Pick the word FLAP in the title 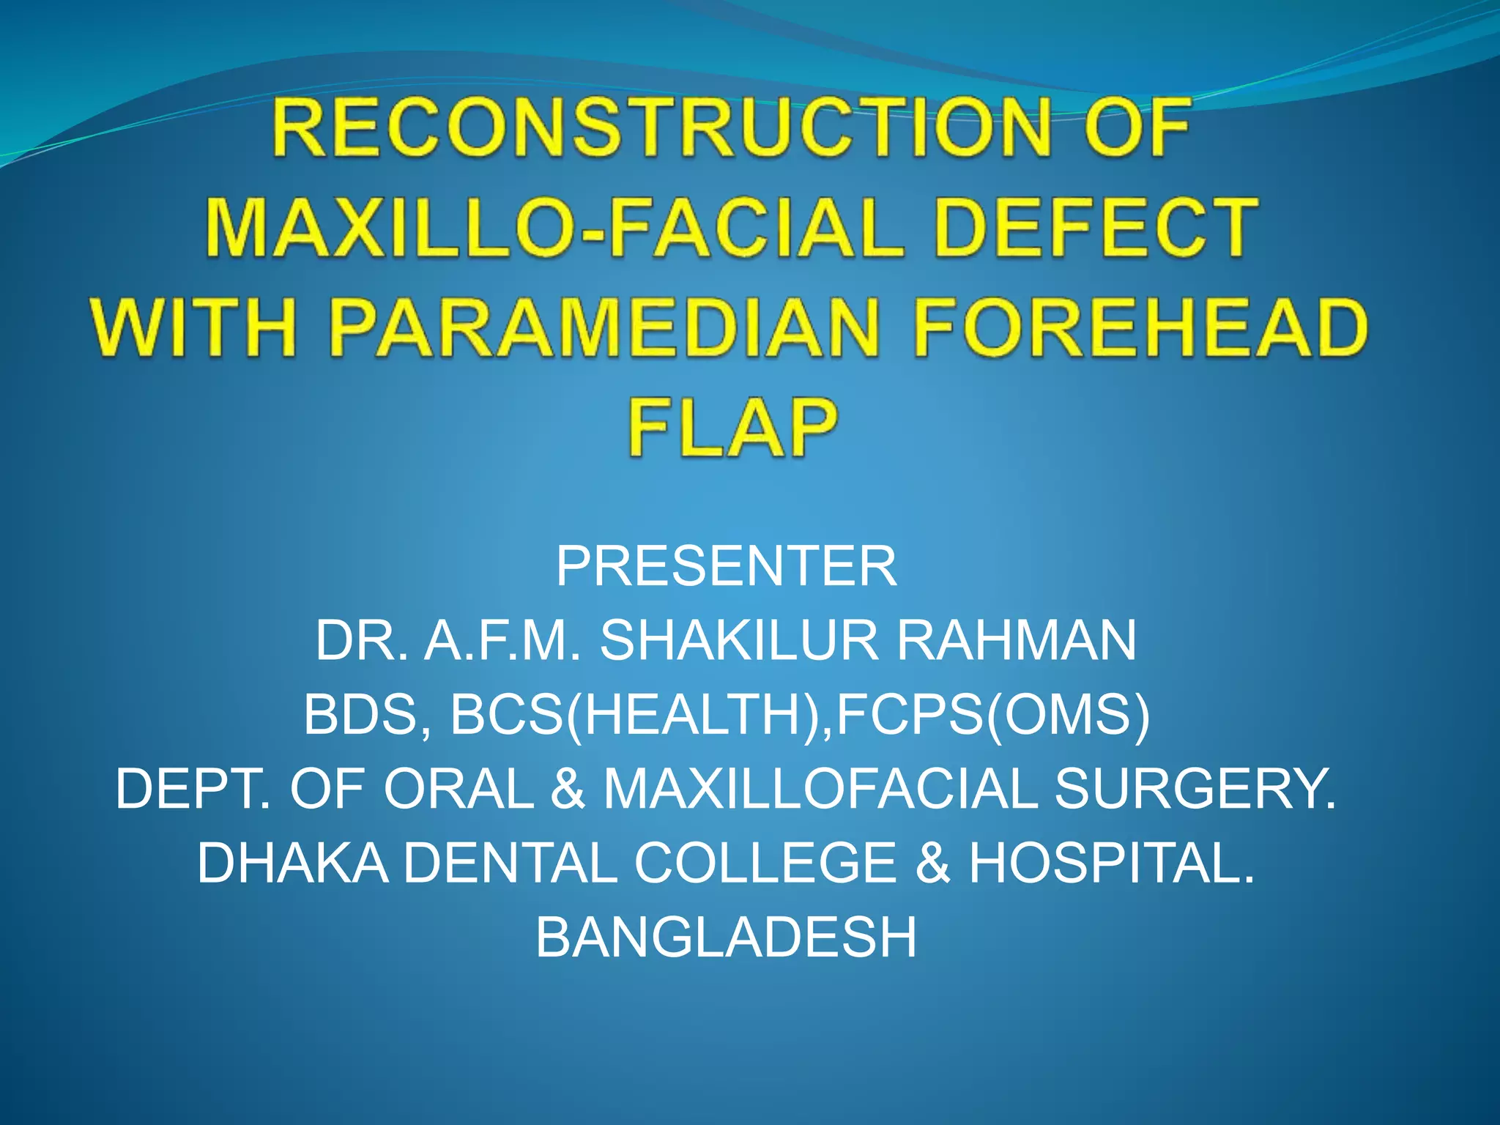732,428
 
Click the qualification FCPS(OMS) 992,716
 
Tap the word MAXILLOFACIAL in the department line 820,790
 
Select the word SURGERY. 1195,790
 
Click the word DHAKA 292,864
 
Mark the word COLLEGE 765,864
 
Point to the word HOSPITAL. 1110,864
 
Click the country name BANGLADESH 726,938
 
